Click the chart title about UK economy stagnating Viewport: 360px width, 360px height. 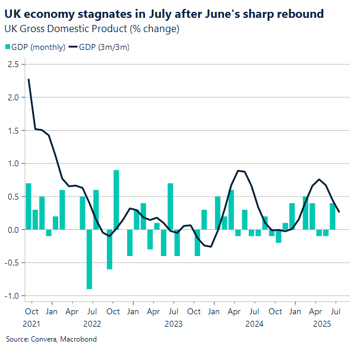click(164, 14)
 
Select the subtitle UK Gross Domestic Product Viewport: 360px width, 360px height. click(91, 29)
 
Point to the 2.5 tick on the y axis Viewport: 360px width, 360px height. click(13, 64)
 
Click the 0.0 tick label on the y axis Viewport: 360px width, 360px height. click(13, 229)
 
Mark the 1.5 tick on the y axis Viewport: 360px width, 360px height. click(13, 130)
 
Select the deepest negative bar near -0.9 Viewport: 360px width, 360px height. click(89, 259)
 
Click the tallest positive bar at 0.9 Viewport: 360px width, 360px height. click(116, 200)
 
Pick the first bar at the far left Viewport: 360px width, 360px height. click(29, 206)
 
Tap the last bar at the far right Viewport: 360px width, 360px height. click(333, 216)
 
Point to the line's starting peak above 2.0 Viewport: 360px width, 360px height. click(29, 80)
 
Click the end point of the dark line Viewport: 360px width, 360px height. click(339, 211)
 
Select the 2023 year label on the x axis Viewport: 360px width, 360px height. click(173, 324)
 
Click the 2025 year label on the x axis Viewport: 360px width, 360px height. click(321, 324)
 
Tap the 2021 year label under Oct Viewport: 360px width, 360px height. click(32, 324)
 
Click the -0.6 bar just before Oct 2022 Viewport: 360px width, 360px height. click(109, 249)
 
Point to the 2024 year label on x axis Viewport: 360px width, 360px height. click(254, 324)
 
